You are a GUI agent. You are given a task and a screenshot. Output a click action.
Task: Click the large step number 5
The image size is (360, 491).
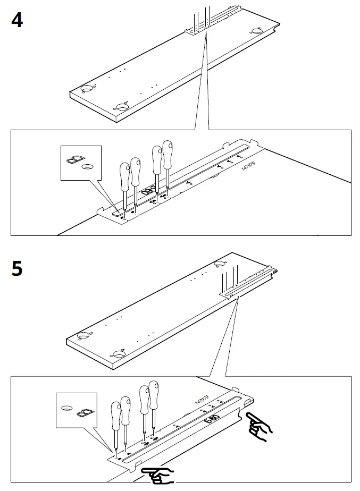coord(17,268)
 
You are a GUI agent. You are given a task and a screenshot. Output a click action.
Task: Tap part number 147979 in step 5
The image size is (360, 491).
coord(202,400)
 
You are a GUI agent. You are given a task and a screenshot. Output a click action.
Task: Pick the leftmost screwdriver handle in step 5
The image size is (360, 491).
coord(115,414)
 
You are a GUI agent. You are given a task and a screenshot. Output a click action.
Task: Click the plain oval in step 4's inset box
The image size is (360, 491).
coord(86,166)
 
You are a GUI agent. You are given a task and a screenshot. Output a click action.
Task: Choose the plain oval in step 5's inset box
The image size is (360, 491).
coord(67,408)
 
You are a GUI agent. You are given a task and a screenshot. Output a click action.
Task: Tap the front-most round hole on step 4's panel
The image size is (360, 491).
coord(123,107)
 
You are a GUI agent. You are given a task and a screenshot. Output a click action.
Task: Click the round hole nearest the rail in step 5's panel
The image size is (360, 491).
coord(219,265)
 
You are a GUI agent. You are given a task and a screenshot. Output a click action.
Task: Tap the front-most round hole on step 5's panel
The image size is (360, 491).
coord(119,353)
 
